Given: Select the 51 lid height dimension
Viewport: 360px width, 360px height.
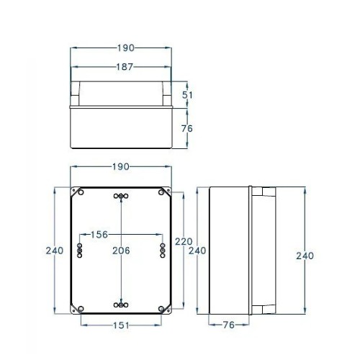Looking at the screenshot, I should pos(186,94).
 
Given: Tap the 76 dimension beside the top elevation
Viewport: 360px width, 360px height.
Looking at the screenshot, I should pos(186,129).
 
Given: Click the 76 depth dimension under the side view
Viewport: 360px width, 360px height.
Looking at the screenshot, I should pos(229,324).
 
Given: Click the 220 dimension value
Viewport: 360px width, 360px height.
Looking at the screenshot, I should pos(183,243).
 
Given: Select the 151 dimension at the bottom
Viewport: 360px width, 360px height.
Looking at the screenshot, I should pos(120,325).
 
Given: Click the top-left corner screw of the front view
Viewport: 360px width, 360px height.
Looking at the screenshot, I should pos(78,192).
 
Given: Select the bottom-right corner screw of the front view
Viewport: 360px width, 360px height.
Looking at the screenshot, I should pos(162,308).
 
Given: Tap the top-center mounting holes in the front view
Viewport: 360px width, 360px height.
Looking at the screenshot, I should pos(120,197).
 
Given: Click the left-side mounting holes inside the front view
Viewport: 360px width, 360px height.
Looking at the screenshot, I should pos(79,250).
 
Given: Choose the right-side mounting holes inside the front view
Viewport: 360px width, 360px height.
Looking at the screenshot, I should pos(162,250).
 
